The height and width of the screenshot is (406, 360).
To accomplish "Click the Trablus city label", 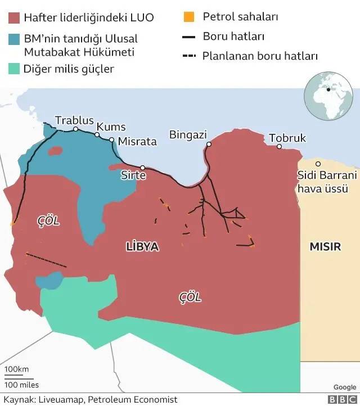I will pyautogui.click(x=74, y=120).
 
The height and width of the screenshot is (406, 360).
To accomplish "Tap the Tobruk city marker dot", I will pyautogui.click(x=279, y=147).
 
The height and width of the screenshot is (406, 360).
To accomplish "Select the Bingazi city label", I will pyautogui.click(x=188, y=135).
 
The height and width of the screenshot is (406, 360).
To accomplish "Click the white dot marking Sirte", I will pyautogui.click(x=143, y=168).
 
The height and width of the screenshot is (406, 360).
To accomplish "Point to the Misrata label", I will pyautogui.click(x=137, y=142).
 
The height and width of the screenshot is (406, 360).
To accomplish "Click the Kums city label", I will pyautogui.click(x=111, y=127).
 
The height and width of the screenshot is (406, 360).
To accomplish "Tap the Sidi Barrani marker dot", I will pyautogui.click(x=318, y=164).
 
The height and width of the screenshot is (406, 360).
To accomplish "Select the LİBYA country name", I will pyautogui.click(x=142, y=246).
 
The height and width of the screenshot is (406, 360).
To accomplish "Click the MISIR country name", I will pyautogui.click(x=325, y=246).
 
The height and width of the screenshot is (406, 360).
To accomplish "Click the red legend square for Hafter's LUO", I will pyautogui.click(x=14, y=17).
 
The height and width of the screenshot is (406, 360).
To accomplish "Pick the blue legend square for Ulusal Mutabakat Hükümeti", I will pyautogui.click(x=14, y=39).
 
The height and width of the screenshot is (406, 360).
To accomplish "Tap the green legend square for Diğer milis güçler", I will pyautogui.click(x=14, y=69).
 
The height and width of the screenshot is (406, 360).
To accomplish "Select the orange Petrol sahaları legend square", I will pyautogui.click(x=189, y=17).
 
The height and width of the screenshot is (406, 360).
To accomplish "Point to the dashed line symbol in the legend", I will pyautogui.click(x=189, y=56).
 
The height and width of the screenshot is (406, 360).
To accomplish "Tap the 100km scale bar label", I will pyautogui.click(x=16, y=369).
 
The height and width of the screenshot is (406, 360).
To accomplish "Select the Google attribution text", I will pyautogui.click(x=344, y=387).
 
